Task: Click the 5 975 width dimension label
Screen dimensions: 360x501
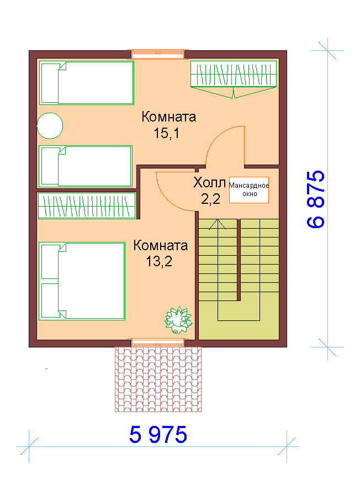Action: tap(158, 435)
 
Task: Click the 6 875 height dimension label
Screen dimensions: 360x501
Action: tap(316, 199)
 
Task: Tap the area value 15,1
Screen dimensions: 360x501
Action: tap(166, 133)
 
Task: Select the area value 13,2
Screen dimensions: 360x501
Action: tap(159, 261)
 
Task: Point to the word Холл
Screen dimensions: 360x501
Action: tap(209, 183)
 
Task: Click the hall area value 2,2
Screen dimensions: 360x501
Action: tap(210, 199)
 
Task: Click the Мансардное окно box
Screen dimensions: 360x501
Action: tap(249, 190)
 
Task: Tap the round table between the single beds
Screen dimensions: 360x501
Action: tap(50, 125)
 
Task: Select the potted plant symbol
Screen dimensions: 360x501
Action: tap(178, 320)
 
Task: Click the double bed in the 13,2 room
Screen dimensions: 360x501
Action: tap(82, 281)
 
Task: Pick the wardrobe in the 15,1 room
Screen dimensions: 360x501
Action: tap(234, 79)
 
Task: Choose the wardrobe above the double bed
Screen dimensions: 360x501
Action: tap(87, 205)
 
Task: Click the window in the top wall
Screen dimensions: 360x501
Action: tap(158, 54)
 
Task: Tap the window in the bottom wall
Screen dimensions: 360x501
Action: tap(158, 343)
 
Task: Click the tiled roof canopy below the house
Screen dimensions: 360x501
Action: tap(158, 379)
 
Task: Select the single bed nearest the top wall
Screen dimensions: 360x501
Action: tap(87, 83)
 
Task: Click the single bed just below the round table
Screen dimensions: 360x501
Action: tap(85, 166)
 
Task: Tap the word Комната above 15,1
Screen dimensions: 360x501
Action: tap(168, 117)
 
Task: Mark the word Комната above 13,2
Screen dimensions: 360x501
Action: tap(160, 245)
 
